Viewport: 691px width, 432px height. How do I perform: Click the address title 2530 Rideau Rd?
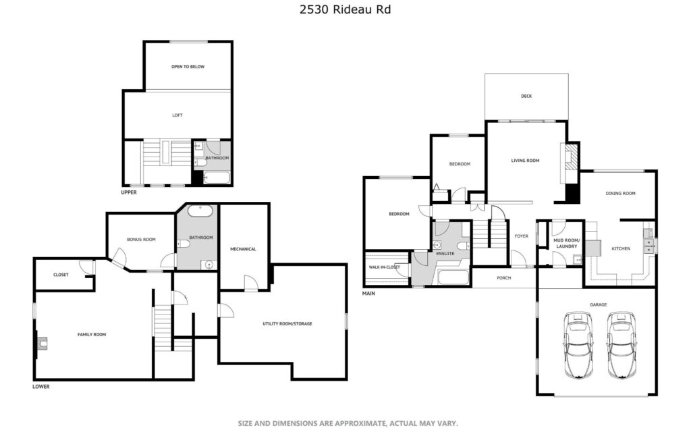tap(345, 9)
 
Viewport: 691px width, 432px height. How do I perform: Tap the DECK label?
tap(526, 96)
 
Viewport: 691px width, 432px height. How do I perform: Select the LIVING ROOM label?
tap(525, 161)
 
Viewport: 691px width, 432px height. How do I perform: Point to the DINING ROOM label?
tap(621, 194)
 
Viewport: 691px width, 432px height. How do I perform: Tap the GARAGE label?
tap(598, 304)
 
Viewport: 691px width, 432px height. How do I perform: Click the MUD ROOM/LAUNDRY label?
tap(566, 243)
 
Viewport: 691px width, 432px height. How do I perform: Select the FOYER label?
tap(522, 236)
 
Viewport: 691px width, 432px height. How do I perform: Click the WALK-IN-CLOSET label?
tap(384, 267)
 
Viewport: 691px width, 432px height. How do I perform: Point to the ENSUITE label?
tap(445, 254)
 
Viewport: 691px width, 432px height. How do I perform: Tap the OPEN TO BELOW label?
tap(188, 67)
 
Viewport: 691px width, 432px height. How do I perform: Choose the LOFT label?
tap(177, 115)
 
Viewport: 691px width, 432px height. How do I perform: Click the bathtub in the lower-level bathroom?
tap(200, 211)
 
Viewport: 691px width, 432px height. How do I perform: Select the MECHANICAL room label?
tap(243, 250)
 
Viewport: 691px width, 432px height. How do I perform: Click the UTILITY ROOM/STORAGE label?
tap(287, 324)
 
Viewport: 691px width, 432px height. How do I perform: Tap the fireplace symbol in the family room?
tap(41, 343)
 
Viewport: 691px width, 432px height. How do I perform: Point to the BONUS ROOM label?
tap(141, 240)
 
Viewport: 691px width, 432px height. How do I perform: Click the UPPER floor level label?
tap(129, 192)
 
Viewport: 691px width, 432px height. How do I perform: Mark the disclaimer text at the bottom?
tap(348, 424)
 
